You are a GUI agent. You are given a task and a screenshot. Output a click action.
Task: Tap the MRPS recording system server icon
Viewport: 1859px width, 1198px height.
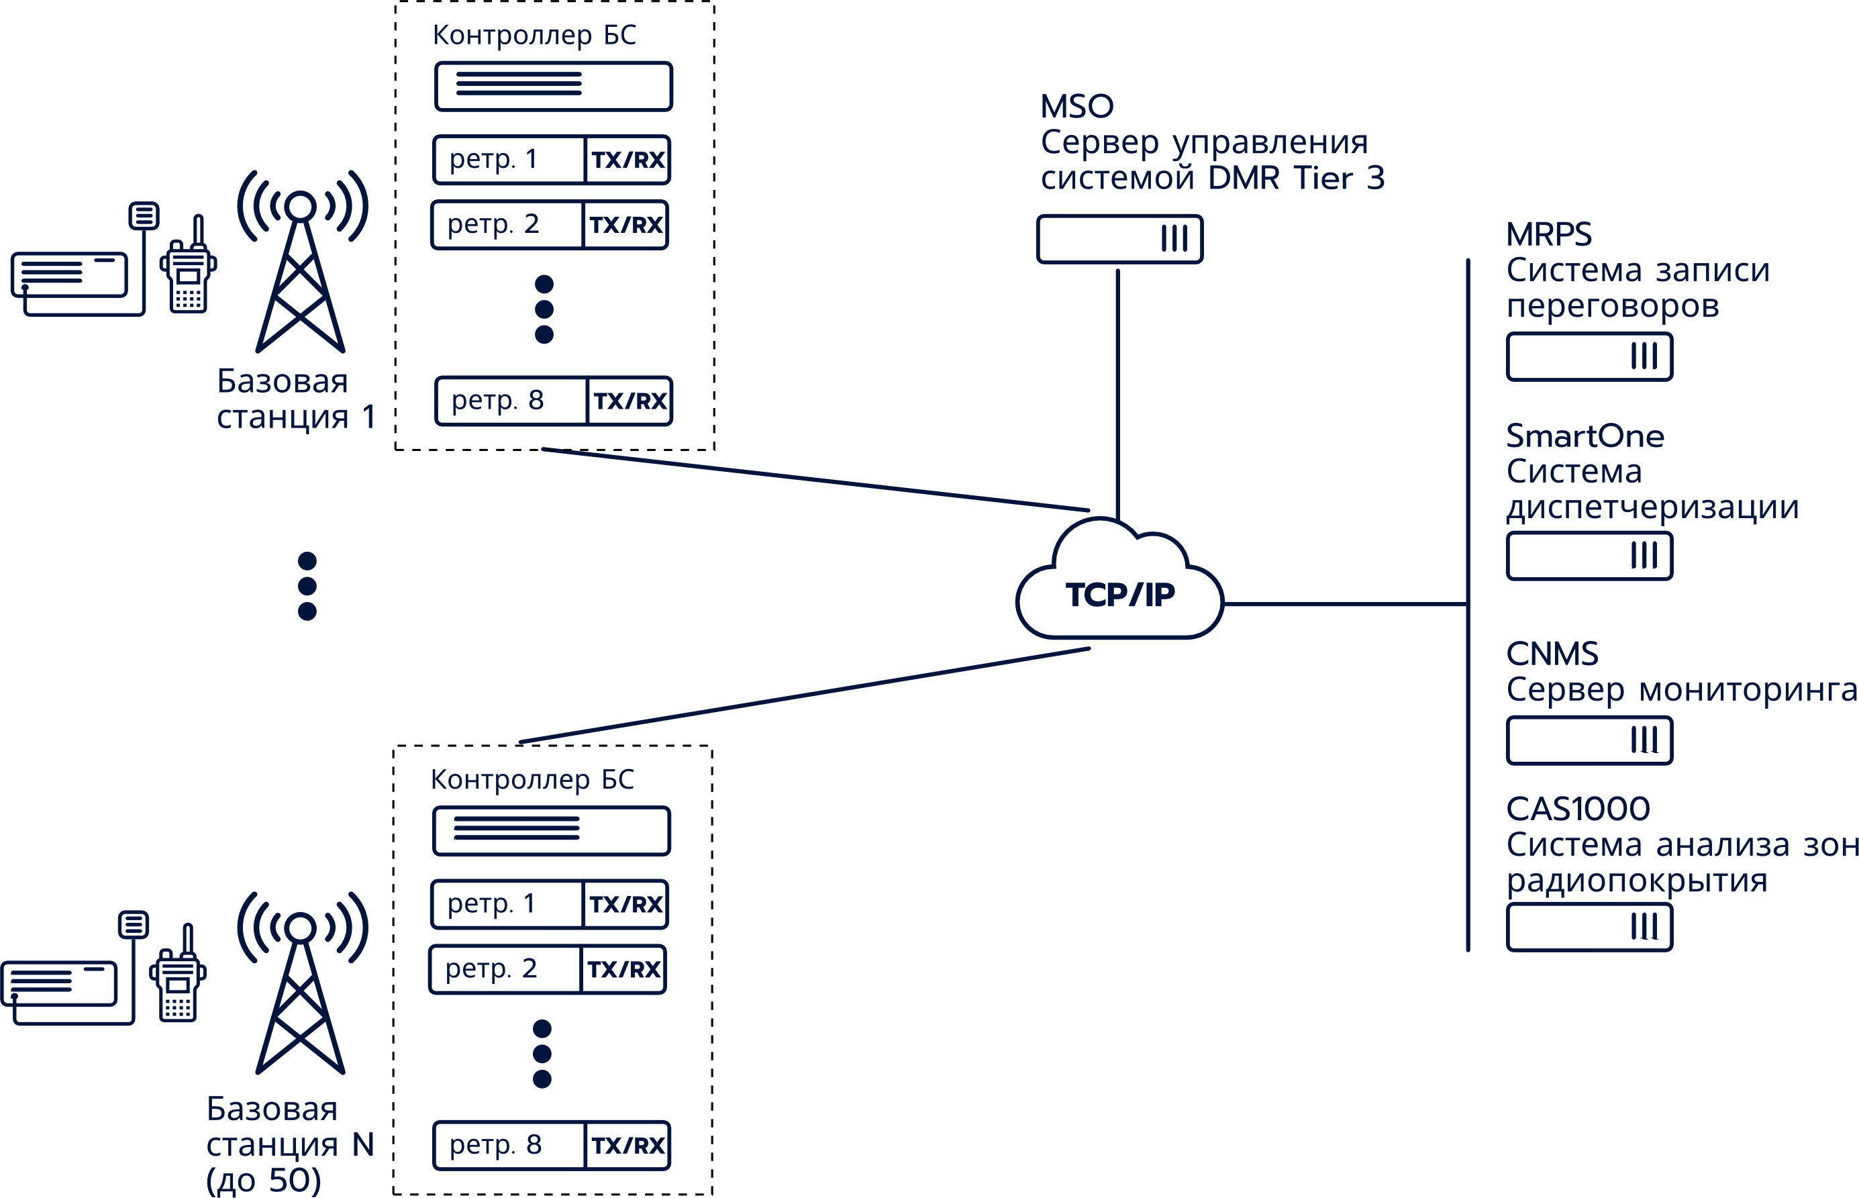coord(1589,356)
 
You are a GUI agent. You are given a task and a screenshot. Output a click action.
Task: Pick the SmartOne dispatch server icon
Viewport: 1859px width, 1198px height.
coord(1589,556)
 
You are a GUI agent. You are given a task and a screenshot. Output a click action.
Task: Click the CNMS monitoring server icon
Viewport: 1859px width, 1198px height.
coord(1589,740)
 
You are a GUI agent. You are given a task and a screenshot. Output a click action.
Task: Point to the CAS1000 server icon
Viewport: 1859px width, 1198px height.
coord(1589,926)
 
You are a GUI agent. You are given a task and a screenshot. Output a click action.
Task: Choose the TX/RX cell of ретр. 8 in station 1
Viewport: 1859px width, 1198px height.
coord(630,401)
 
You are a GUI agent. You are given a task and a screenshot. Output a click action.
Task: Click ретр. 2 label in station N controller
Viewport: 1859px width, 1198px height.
coord(491,968)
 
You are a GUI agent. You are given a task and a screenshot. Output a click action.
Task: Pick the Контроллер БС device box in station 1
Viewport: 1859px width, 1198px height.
coord(553,86)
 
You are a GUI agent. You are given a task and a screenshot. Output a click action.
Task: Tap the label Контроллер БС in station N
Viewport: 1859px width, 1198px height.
coord(532,779)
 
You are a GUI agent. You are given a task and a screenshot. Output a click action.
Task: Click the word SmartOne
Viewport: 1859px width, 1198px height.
coord(1585,436)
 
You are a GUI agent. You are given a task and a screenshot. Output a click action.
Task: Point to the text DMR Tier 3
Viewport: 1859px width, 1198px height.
coord(1296,178)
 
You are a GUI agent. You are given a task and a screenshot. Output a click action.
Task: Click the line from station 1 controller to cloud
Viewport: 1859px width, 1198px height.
coord(817,479)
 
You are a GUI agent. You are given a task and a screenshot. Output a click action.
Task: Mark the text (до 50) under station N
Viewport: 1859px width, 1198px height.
coord(263,1180)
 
